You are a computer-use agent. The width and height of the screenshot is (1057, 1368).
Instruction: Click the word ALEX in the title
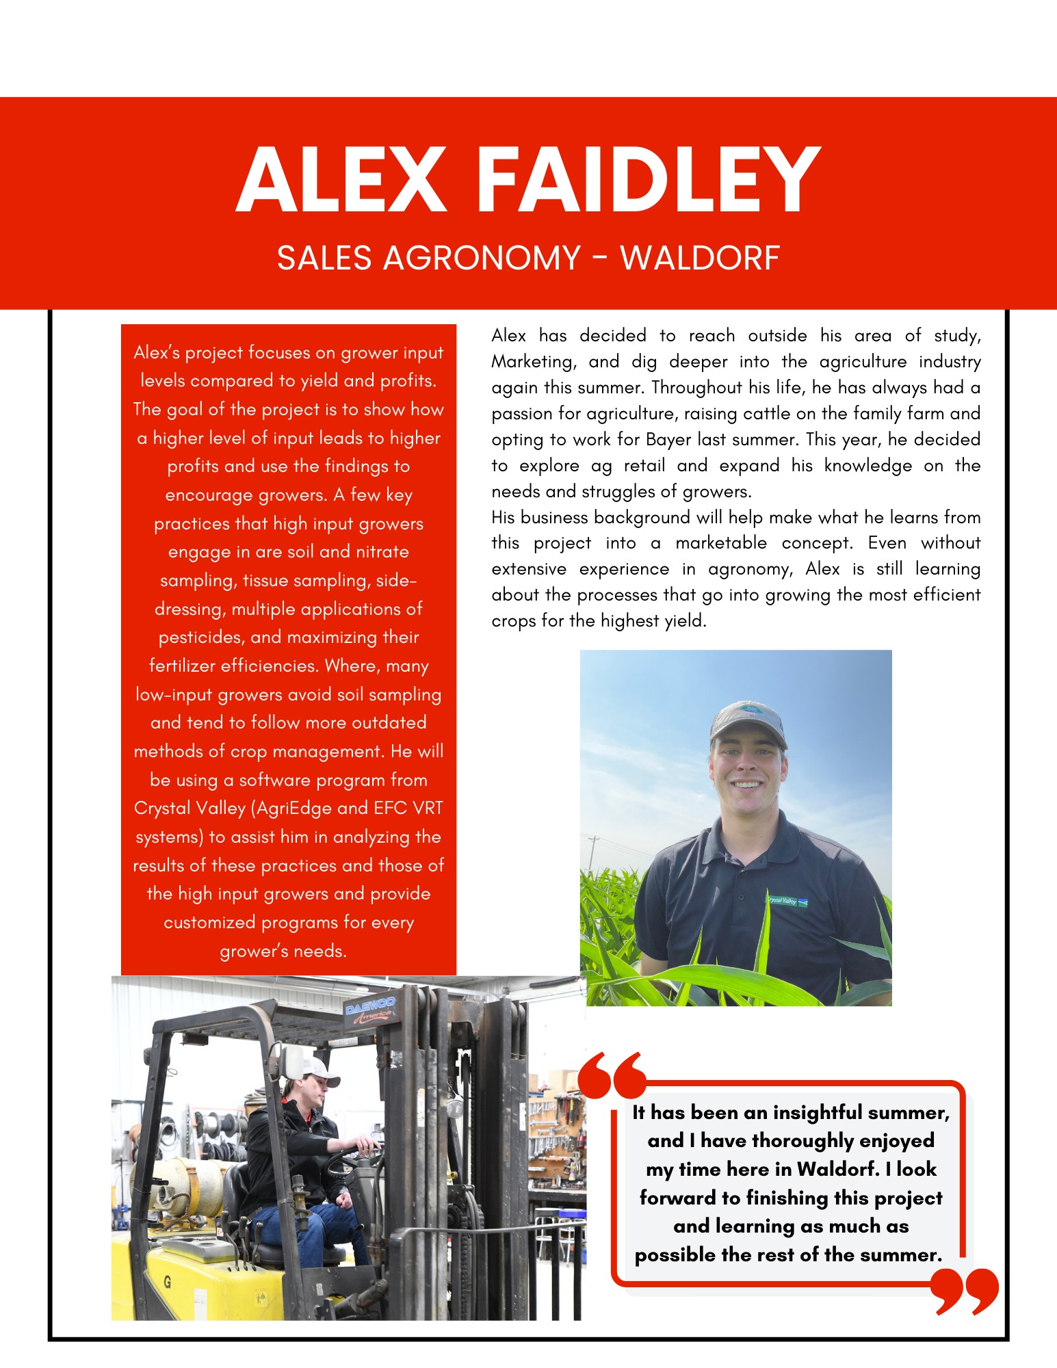341,181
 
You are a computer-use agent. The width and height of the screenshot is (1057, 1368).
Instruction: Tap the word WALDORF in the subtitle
699,259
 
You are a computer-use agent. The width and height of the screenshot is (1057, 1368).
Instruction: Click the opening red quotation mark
611,1075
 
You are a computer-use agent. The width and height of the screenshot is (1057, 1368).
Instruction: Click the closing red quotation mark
965,1290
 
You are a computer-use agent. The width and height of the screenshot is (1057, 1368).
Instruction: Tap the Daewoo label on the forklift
369,1010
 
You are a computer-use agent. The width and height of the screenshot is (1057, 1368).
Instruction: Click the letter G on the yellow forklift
167,1282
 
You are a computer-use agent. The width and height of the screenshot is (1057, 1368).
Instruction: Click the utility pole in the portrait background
594,852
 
